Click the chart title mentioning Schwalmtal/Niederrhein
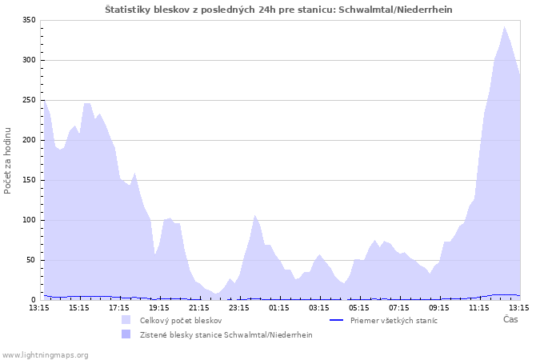click(283, 9)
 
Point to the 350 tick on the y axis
click(28, 20)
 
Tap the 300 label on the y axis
click(28, 60)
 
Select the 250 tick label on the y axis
click(28, 100)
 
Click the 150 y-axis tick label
click(28, 180)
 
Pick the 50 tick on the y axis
click(30, 260)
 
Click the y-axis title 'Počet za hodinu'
click(8, 160)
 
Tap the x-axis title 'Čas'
click(510, 319)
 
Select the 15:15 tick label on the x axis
click(79, 307)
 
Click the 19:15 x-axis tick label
click(159, 307)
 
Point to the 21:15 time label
click(199, 307)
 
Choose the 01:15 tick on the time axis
click(279, 307)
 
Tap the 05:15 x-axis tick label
click(359, 307)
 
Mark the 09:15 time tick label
click(439, 307)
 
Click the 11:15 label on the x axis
click(479, 307)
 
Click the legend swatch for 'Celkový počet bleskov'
click(126, 320)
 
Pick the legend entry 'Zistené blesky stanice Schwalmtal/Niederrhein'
click(226, 334)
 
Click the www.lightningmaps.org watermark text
click(45, 354)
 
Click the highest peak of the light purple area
click(504, 26)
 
